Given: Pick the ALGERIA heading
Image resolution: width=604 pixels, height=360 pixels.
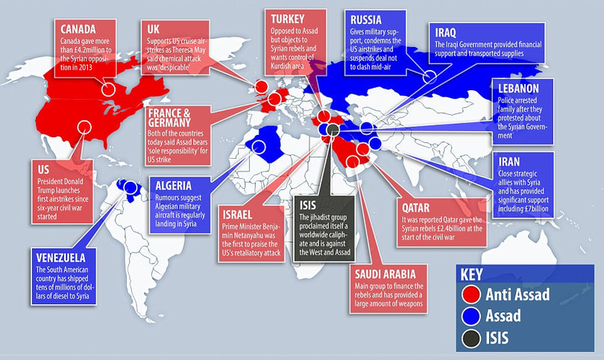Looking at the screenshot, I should pos(176,186).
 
